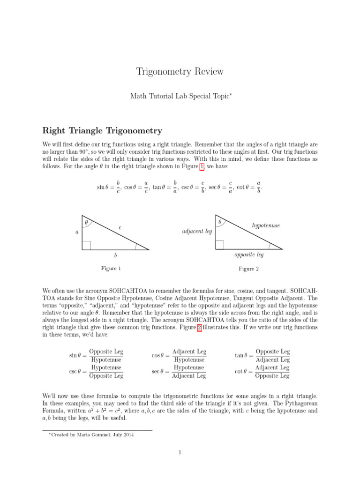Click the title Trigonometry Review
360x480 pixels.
click(x=180, y=72)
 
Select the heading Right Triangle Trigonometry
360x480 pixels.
click(x=102, y=131)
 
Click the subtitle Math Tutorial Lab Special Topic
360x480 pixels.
click(x=180, y=96)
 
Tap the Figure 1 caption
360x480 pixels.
click(x=111, y=268)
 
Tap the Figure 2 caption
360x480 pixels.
click(x=248, y=269)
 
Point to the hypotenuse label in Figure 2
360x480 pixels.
click(x=266, y=225)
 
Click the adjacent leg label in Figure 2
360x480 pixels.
click(x=196, y=232)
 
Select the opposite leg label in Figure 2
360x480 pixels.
click(x=248, y=255)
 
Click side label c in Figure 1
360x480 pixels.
click(x=120, y=227)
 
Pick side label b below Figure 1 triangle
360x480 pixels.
click(x=115, y=256)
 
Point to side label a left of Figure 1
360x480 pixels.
click(x=77, y=232)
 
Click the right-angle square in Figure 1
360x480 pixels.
click(x=86, y=245)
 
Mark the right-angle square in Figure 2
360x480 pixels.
click(x=219, y=245)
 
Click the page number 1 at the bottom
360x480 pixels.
click(x=180, y=452)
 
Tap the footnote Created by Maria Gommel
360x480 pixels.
click(x=91, y=435)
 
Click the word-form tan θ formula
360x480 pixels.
click(x=262, y=356)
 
